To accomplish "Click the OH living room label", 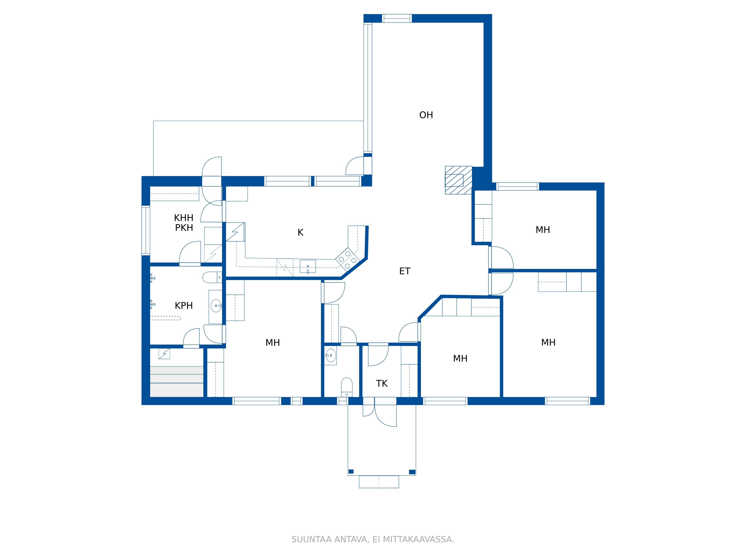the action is (x=426, y=115).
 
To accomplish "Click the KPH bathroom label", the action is (x=184, y=306).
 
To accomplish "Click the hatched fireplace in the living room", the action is (x=458, y=180).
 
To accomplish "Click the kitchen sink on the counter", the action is (x=308, y=266).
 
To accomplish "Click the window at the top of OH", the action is (x=397, y=18).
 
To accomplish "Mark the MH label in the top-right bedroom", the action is (x=543, y=230).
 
